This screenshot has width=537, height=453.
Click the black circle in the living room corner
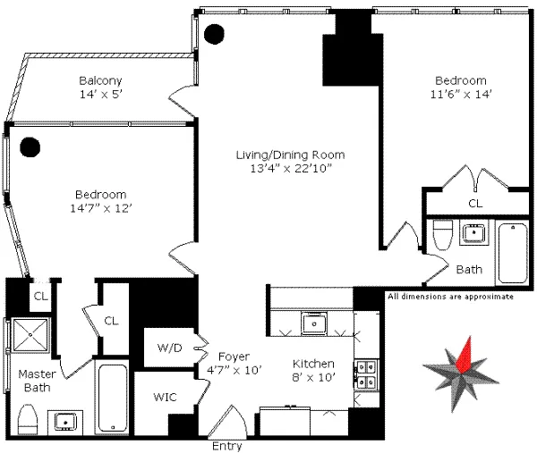coord(214,35)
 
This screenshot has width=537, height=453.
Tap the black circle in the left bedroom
coord(31,146)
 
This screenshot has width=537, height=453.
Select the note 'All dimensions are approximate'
coord(450,297)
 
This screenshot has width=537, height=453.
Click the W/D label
coord(168,348)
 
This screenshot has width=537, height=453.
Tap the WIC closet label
coord(164,394)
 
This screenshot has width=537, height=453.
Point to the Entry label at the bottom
coord(226,444)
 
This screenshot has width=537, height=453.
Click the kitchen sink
coord(313,322)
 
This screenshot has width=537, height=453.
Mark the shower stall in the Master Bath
coord(32,339)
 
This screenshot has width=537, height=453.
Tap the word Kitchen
coord(314,364)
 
